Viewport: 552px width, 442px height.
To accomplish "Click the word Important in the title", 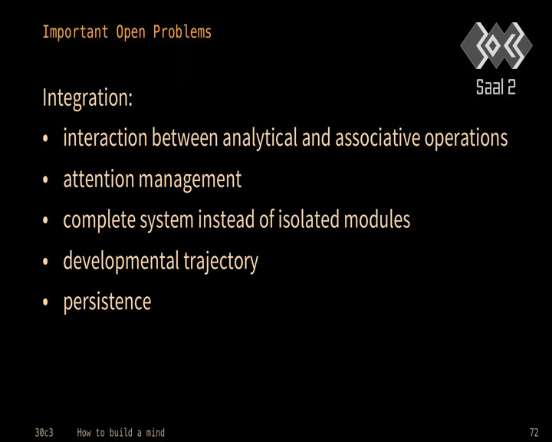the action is pyautogui.click(x=75, y=32).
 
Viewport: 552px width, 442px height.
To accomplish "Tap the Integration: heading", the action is pyautogui.click(x=87, y=97).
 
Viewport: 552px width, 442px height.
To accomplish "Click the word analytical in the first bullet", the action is pyautogui.click(x=260, y=137).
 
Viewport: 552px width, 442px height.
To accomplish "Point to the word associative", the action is pyautogui.click(x=378, y=137).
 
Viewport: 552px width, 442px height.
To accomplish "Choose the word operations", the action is pyautogui.click(x=466, y=138).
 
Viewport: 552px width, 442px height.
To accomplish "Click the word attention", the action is pyautogui.click(x=99, y=179).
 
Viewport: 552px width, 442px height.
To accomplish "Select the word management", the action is pyautogui.click(x=190, y=180).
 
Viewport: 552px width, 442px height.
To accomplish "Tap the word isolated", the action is pyautogui.click(x=309, y=219).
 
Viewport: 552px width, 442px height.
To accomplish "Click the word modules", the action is pyautogui.click(x=377, y=219).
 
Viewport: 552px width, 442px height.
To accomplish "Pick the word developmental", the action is pyautogui.click(x=121, y=261).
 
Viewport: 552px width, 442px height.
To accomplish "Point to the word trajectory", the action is pyautogui.click(x=221, y=262).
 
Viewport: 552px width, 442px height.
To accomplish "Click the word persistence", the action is pyautogui.click(x=107, y=302).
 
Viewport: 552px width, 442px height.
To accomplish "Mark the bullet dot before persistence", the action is pyautogui.click(x=45, y=302).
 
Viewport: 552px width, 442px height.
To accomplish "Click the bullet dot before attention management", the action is pyautogui.click(x=45, y=180).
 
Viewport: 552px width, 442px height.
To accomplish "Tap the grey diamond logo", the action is pyautogui.click(x=496, y=45).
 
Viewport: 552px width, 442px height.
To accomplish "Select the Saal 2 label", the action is pyautogui.click(x=496, y=87).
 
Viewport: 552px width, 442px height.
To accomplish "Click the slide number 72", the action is pyautogui.click(x=534, y=432).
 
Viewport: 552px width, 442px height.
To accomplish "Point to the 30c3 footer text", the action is pyautogui.click(x=44, y=433).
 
